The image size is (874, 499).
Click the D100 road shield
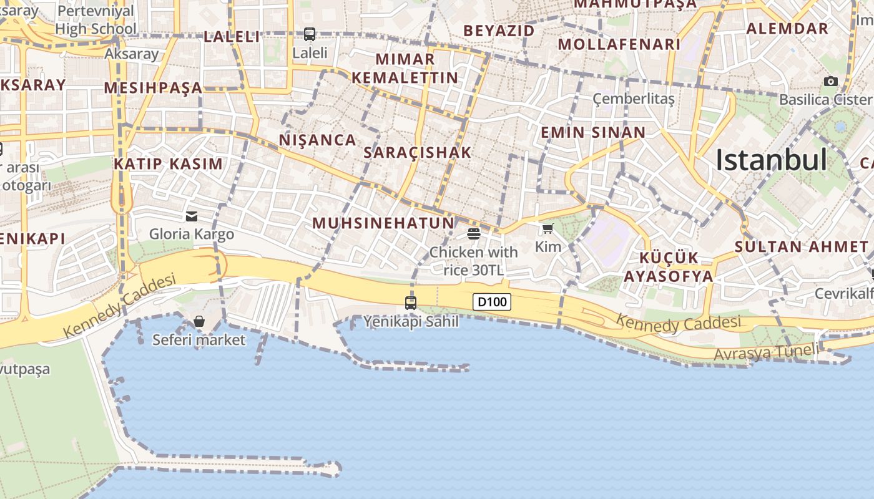pos(492,303)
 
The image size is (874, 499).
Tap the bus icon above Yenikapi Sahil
pos(410,303)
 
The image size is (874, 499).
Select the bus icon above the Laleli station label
pos(310,34)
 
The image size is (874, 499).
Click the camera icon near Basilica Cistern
pos(830,81)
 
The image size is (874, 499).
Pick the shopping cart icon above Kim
pos(548,228)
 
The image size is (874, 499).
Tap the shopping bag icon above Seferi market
pos(199,321)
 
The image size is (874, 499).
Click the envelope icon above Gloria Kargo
pos(192,216)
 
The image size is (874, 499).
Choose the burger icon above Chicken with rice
pos(473,234)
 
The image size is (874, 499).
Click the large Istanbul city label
pos(771,160)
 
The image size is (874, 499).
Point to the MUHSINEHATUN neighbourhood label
pos(383,223)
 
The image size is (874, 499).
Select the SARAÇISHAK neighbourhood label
pos(418,152)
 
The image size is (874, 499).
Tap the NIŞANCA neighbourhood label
pos(317,140)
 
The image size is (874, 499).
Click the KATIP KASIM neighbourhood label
pos(168,164)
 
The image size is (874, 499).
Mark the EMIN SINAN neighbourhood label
pos(592,132)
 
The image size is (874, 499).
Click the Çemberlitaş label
pos(634,99)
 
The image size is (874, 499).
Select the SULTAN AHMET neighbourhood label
pos(801,246)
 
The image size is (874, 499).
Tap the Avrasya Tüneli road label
pos(765,352)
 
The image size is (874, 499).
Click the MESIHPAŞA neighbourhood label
pos(153,87)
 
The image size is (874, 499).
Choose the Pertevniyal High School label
pos(96,20)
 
